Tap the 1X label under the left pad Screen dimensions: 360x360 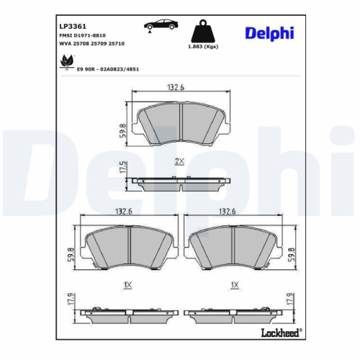(127, 285)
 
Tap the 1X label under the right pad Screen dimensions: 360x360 (233, 285)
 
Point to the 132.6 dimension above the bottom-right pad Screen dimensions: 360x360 (228, 212)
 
